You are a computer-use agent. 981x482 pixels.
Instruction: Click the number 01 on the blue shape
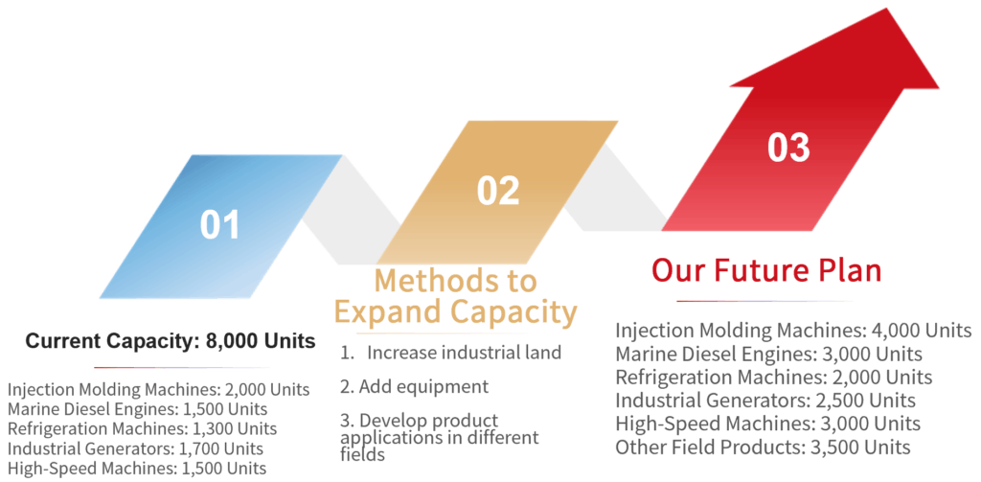[x=219, y=225]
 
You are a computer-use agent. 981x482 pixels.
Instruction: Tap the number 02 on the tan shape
[x=498, y=191]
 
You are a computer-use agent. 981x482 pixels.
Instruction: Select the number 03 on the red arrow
[x=789, y=148]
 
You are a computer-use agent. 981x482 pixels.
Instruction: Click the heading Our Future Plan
[x=766, y=271]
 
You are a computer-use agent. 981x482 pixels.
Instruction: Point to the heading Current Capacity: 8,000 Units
[x=171, y=342]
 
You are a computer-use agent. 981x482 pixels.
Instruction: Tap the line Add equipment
[x=415, y=387]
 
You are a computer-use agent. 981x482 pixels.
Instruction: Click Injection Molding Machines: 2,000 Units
[x=159, y=390]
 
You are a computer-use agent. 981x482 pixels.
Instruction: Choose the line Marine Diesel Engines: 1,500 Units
[x=138, y=410]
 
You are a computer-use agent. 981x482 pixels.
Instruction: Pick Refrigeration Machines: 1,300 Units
[x=143, y=429]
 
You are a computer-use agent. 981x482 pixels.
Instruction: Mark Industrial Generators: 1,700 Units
[x=136, y=448]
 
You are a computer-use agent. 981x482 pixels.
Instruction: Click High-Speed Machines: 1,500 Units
[x=137, y=469]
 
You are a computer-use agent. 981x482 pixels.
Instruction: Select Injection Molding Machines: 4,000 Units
[x=793, y=332]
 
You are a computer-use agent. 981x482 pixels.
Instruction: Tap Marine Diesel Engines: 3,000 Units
[x=769, y=355]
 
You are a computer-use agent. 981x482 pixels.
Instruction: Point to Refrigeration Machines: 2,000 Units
[x=774, y=378]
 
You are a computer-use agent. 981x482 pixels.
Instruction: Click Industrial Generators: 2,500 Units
[x=765, y=401]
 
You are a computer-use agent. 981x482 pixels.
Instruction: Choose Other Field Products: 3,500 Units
[x=764, y=448]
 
